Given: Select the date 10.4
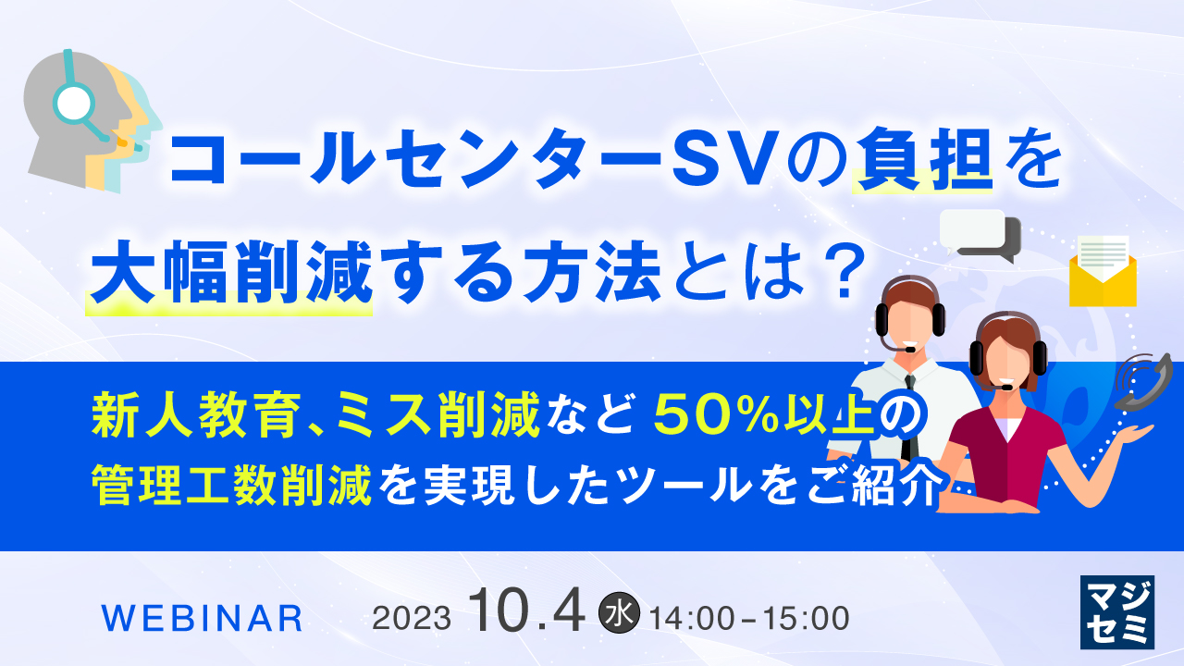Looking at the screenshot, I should point(527,611).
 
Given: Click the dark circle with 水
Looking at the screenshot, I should point(620,613).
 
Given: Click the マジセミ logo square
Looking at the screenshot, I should point(1117,610).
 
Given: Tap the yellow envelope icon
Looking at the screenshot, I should point(1103,271).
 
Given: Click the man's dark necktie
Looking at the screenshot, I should point(910,416).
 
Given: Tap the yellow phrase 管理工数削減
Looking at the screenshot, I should point(232,483).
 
